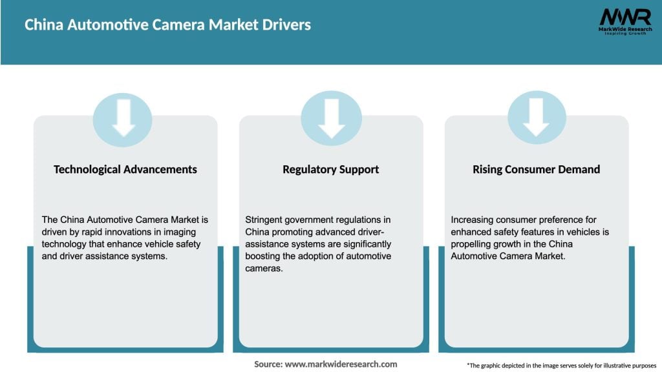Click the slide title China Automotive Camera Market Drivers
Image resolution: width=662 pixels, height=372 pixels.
[x=167, y=25]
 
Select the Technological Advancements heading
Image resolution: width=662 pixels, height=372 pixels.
[x=125, y=169]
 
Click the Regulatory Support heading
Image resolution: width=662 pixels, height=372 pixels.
[x=330, y=169]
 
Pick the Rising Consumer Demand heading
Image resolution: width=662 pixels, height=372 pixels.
[x=536, y=169]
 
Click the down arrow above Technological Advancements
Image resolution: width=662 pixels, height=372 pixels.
[x=123, y=118]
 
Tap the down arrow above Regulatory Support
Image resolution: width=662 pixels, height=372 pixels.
[x=331, y=118]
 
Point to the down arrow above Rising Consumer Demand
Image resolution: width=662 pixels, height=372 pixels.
[x=536, y=118]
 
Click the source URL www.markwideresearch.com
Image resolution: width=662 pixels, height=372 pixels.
[x=341, y=364]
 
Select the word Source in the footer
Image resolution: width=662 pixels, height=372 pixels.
[x=267, y=364]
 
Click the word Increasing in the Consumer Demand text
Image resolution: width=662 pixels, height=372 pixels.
[x=473, y=220]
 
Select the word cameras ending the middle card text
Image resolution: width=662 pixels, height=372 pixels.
[x=263, y=269]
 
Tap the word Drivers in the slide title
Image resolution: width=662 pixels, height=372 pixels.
[x=282, y=25]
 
